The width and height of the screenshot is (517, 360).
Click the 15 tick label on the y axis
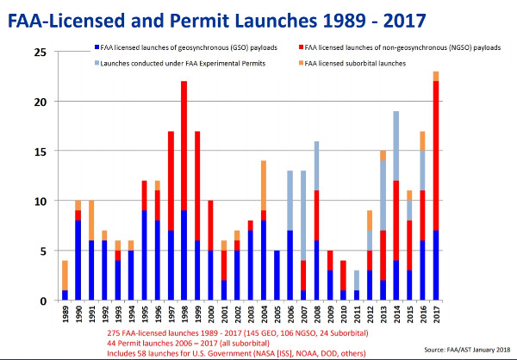(x=40, y=152)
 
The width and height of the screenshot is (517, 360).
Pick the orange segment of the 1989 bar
(x=64, y=276)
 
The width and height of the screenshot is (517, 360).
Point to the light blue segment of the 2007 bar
(x=304, y=215)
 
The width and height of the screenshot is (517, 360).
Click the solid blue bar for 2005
(x=276, y=276)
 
